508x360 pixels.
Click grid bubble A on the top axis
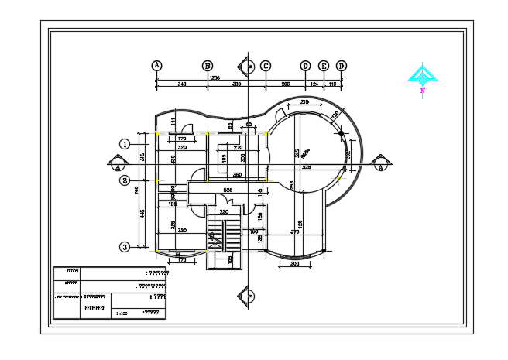(157, 66)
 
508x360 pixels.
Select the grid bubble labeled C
(265, 66)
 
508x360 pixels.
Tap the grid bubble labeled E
(324, 66)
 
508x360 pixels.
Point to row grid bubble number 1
(124, 143)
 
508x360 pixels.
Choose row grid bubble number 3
(124, 247)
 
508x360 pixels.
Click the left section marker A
(117, 163)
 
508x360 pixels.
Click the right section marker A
(380, 163)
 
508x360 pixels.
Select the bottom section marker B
(249, 294)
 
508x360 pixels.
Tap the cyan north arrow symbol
(422, 75)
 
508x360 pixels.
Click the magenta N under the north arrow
(423, 91)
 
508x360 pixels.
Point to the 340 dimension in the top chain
(182, 83)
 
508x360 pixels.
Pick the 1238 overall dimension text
(215, 77)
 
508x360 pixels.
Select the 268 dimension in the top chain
(285, 83)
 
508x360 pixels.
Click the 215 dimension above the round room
(304, 102)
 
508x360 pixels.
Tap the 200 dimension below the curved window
(295, 264)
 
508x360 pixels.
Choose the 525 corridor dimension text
(228, 189)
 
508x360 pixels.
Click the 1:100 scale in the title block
(121, 314)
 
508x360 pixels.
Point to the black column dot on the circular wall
(341, 134)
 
